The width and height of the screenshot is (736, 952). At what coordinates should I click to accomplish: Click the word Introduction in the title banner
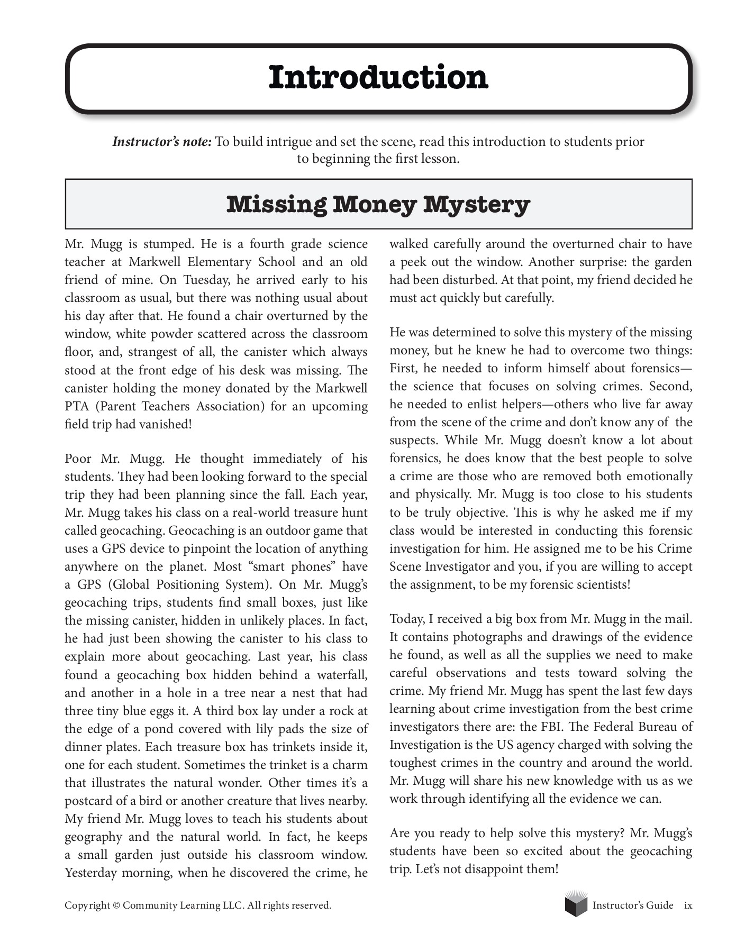[378, 78]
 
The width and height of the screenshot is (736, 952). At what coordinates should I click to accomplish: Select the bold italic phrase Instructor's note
[162, 142]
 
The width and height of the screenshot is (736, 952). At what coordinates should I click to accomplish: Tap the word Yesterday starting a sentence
[90, 873]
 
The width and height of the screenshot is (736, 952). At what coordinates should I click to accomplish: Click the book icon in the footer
[576, 904]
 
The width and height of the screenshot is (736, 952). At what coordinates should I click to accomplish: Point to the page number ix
[688, 905]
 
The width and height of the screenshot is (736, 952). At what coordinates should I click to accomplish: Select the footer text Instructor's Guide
[633, 905]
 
